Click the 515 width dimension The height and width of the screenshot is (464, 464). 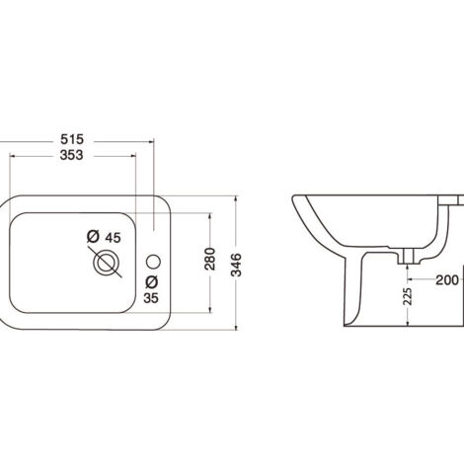pyautogui.click(x=72, y=139)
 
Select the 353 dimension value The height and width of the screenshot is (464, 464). pyautogui.click(x=72, y=155)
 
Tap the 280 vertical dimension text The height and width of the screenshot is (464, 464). pyautogui.click(x=209, y=259)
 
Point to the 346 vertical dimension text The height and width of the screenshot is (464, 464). pyautogui.click(x=236, y=265)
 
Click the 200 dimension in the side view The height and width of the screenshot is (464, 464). pyautogui.click(x=447, y=280)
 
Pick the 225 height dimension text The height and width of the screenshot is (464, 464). pyautogui.click(x=408, y=296)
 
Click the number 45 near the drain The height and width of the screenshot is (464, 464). pyautogui.click(x=113, y=237)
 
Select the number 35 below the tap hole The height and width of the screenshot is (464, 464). pyautogui.click(x=151, y=298)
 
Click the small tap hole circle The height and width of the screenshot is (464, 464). pyautogui.click(x=153, y=262)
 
